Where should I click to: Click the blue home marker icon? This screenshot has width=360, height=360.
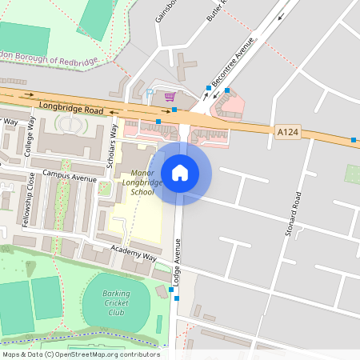(179, 172)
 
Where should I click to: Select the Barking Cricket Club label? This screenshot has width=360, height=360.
(117, 302)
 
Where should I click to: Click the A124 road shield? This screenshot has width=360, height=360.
(288, 131)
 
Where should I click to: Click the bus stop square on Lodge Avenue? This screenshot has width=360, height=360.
(177, 298)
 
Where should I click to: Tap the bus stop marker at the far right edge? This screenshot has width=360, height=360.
(353, 140)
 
